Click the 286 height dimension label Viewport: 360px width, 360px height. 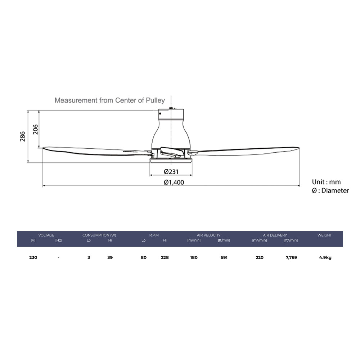tap(22, 137)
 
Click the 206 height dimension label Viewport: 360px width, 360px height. tap(35, 129)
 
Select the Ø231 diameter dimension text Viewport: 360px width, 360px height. tap(171, 172)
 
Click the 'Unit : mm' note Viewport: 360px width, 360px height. tap(326, 182)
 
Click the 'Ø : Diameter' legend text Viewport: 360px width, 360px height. tap(330, 190)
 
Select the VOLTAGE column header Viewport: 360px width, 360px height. tap(46, 235)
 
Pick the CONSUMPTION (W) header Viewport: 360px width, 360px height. tap(99, 235)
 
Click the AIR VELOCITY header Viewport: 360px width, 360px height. tap(208, 235)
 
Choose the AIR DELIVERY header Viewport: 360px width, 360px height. tap(275, 235)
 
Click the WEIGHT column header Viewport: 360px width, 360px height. tap(324, 235)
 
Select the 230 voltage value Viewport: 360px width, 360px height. tap(33, 257)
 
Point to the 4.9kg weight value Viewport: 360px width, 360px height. tap(325, 257)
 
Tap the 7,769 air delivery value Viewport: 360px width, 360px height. tap(291, 257)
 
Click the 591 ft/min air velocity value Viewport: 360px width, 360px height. tap(224, 257)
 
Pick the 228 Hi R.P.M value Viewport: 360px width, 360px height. tap(165, 257)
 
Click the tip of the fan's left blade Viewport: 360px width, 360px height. tap(44, 148)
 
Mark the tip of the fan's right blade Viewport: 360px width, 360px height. tap(299, 147)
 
